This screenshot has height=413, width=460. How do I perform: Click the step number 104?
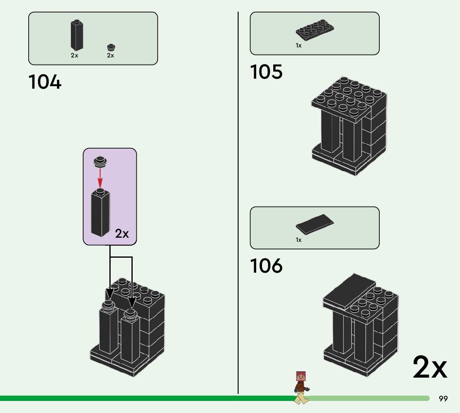[x=45, y=82]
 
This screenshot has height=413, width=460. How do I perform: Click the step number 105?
[x=266, y=72]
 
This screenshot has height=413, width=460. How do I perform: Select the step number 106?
[x=266, y=266]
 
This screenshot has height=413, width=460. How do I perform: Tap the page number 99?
[x=443, y=399]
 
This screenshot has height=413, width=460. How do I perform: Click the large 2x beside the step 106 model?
[x=430, y=368]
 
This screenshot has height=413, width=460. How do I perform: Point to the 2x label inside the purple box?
[x=122, y=234]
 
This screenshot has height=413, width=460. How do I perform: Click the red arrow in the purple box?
[x=100, y=177]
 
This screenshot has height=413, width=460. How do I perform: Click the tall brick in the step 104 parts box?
[x=76, y=36]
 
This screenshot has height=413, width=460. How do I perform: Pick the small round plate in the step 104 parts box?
[x=111, y=47]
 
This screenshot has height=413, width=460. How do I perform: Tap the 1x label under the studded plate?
[x=299, y=46]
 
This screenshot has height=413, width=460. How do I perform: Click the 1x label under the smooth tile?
[x=299, y=240]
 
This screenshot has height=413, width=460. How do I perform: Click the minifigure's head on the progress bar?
[x=300, y=377]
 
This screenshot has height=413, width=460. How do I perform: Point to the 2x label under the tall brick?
[x=74, y=55]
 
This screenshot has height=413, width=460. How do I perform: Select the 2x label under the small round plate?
[x=110, y=55]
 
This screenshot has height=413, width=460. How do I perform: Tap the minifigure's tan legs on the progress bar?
[x=301, y=398]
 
